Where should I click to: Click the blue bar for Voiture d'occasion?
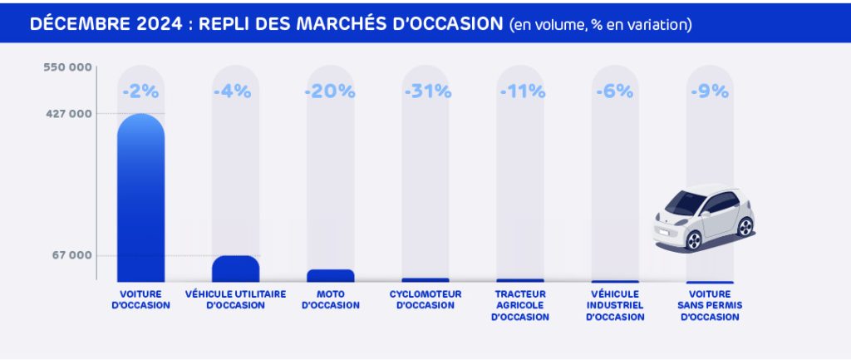(140, 200)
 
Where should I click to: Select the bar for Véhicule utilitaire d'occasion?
(235, 269)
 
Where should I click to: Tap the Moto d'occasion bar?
(331, 275)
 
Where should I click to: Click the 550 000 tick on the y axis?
(68, 68)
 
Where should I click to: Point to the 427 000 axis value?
(68, 113)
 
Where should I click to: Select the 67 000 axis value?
(71, 255)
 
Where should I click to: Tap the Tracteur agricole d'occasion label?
(520, 305)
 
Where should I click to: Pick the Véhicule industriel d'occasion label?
(615, 305)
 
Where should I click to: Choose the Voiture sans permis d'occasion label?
(710, 305)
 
